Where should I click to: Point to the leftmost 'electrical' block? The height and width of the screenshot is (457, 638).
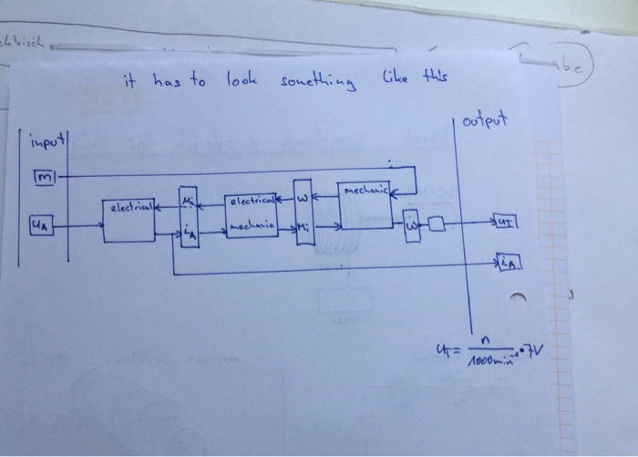[129, 222]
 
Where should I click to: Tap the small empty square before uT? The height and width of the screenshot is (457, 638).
[437, 223]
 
